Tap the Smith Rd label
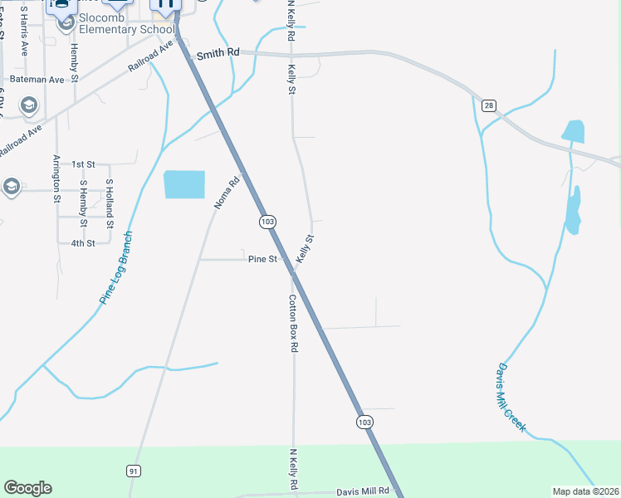click(x=218, y=53)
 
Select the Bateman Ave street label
click(x=45, y=80)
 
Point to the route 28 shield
click(x=488, y=105)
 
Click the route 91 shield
click(x=133, y=471)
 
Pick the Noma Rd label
click(x=227, y=192)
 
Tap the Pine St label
click(x=262, y=259)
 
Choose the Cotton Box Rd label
click(x=293, y=325)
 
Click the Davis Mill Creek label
click(x=511, y=397)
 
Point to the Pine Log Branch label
click(x=115, y=268)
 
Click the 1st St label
click(x=83, y=164)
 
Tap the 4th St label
click(x=83, y=242)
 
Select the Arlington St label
click(x=57, y=178)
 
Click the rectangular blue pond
click(x=184, y=184)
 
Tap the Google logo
click(x=27, y=488)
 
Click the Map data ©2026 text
click(x=585, y=491)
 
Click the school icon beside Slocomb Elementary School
click(x=65, y=25)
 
